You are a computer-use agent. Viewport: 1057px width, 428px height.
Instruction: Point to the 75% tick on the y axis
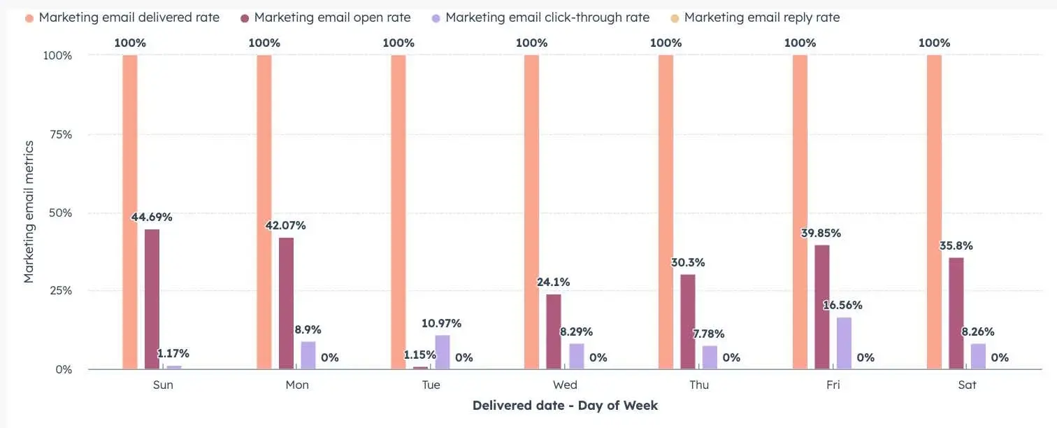[59, 134]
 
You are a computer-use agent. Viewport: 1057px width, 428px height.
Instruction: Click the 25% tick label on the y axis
[59, 291]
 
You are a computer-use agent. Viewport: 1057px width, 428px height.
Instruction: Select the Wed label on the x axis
[565, 385]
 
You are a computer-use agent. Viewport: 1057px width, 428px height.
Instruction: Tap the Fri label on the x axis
[833, 385]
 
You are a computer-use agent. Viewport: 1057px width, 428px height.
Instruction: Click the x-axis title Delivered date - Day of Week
[565, 406]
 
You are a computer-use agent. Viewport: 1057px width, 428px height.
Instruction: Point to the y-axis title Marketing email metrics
[29, 211]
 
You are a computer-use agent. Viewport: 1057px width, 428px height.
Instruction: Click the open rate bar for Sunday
[152, 299]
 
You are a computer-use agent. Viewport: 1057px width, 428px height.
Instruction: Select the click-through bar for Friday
[844, 343]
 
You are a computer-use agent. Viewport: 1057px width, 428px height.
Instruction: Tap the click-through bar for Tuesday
[443, 352]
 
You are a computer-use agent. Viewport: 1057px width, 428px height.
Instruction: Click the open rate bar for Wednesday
[554, 331]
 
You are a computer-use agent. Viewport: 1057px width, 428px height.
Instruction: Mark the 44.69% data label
[152, 217]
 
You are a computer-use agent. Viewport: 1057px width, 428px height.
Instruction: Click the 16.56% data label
[843, 305]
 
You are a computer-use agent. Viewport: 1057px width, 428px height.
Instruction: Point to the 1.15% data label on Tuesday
[419, 355]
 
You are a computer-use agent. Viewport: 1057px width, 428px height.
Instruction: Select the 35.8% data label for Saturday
[956, 246]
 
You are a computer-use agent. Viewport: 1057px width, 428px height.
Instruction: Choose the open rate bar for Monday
[286, 303]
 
